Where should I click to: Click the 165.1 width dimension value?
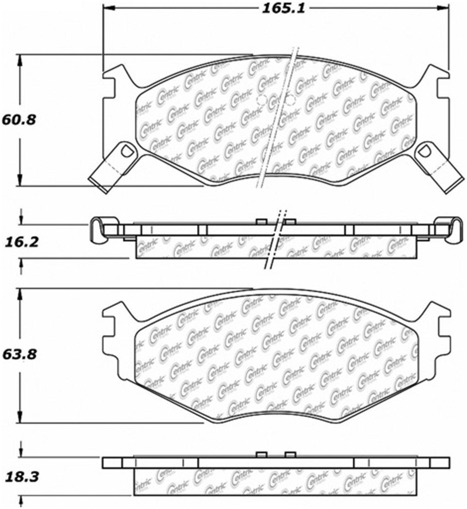coord(283,9)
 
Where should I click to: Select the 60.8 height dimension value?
coord(19,120)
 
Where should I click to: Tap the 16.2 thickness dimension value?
coord(21,242)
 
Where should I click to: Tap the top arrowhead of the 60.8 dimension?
coord(21,60)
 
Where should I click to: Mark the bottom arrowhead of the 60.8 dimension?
coord(21,181)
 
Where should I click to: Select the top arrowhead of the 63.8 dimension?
coord(21,294)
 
